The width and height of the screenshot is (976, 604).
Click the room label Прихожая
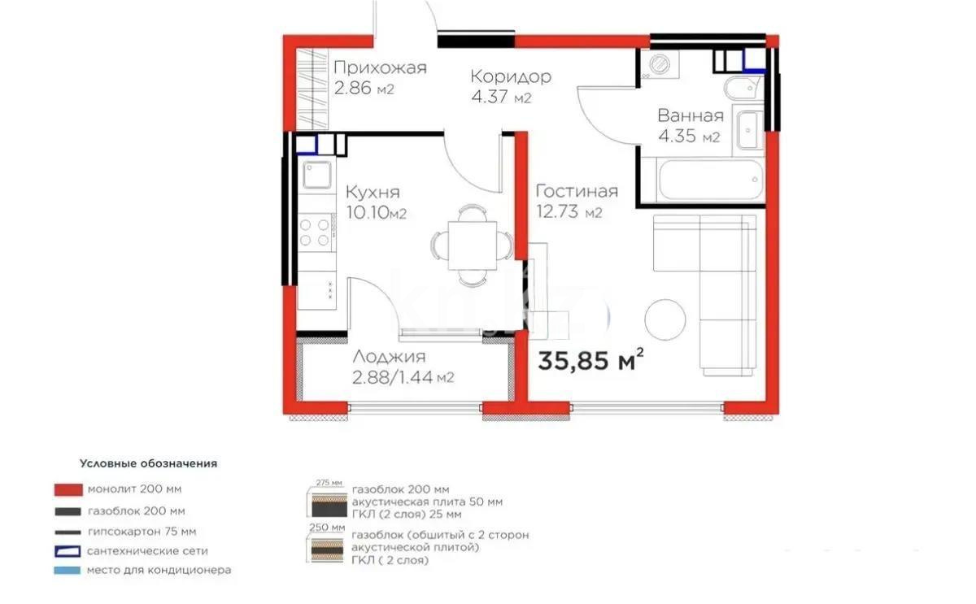380,67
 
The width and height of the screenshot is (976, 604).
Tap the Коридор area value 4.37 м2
500,98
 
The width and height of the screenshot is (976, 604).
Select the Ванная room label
691,115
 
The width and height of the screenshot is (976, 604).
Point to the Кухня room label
373,192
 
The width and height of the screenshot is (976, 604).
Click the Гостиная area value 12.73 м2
569,213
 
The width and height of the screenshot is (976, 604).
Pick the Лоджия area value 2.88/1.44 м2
403,377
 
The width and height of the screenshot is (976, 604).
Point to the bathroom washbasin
748,130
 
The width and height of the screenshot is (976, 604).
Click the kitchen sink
316,175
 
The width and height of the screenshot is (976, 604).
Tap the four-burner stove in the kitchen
316,230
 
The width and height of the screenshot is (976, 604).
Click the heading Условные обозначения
148,463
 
